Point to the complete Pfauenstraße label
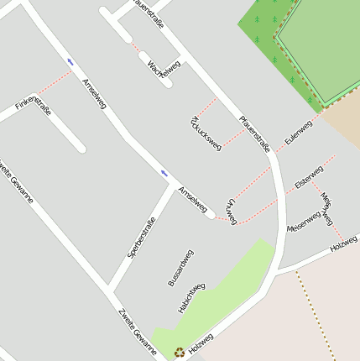pyautogui.click(x=254, y=133)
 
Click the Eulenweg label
pyautogui.click(x=298, y=133)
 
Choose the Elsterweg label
pyautogui.click(x=309, y=176)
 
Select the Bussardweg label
pyautogui.click(x=180, y=268)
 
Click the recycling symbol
pyautogui.click(x=179, y=353)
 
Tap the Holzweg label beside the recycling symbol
pyautogui.click(x=201, y=342)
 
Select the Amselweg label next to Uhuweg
pyautogui.click(x=192, y=201)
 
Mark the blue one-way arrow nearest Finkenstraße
pyautogui.click(x=70, y=61)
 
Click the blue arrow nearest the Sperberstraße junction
pyautogui.click(x=164, y=173)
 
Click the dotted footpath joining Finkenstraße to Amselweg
pyautogui.click(x=55, y=83)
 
